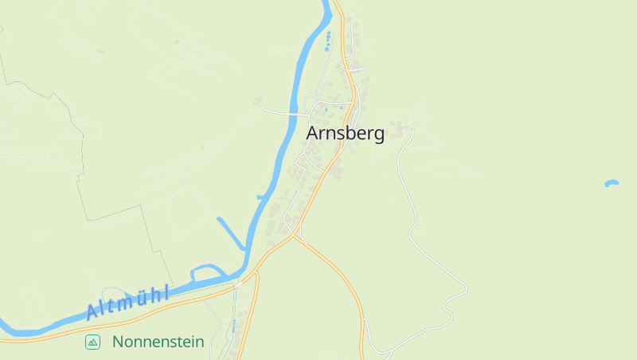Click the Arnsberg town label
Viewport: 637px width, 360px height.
(x=345, y=134)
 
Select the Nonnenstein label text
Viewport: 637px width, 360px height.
(x=158, y=342)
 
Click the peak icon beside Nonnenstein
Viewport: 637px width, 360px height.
(x=93, y=342)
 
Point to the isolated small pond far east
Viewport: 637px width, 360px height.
(x=612, y=183)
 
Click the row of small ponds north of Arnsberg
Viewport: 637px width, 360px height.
(x=327, y=41)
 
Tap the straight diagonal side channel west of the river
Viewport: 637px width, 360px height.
(x=230, y=232)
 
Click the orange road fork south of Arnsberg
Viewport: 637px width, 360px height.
(x=295, y=235)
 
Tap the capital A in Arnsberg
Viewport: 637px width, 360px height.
(x=314, y=134)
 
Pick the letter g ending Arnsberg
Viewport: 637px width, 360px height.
(x=377, y=135)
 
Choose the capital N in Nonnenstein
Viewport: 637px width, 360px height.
(x=119, y=342)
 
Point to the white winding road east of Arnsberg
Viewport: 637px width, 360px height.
(x=414, y=215)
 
